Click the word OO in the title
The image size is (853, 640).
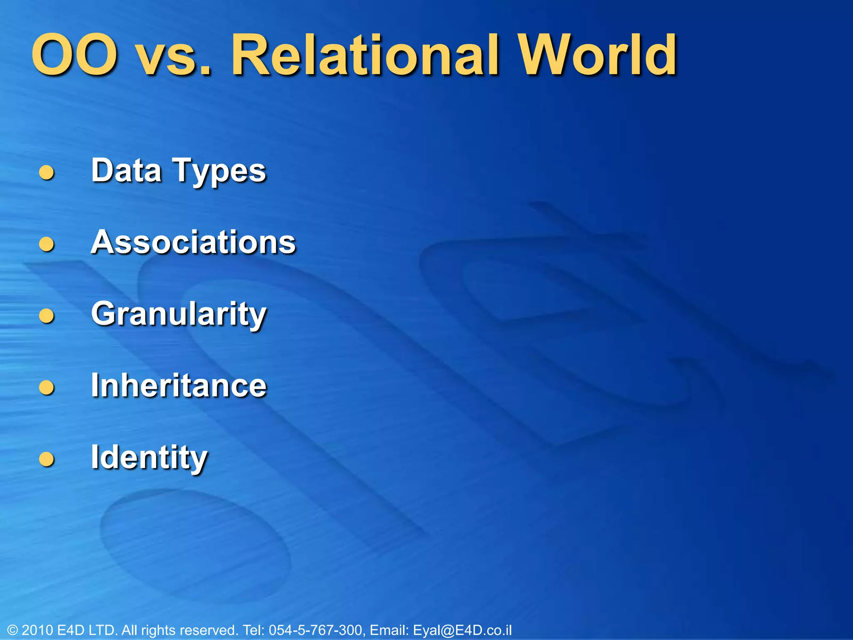pos(74,55)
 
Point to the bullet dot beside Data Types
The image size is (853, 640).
pos(47,172)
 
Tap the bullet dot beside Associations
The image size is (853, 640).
pos(47,244)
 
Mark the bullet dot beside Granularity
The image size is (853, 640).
pos(47,315)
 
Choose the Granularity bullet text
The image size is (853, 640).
pos(179,315)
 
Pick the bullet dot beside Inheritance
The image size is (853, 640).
pos(47,387)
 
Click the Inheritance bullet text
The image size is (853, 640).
pos(179,385)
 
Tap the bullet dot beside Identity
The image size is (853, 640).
pos(47,459)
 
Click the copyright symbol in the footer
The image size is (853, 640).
pos(12,630)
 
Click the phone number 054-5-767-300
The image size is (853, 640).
pos(316,630)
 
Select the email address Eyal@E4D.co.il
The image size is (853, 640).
pos(462,630)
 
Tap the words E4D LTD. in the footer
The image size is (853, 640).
pos(87,630)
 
